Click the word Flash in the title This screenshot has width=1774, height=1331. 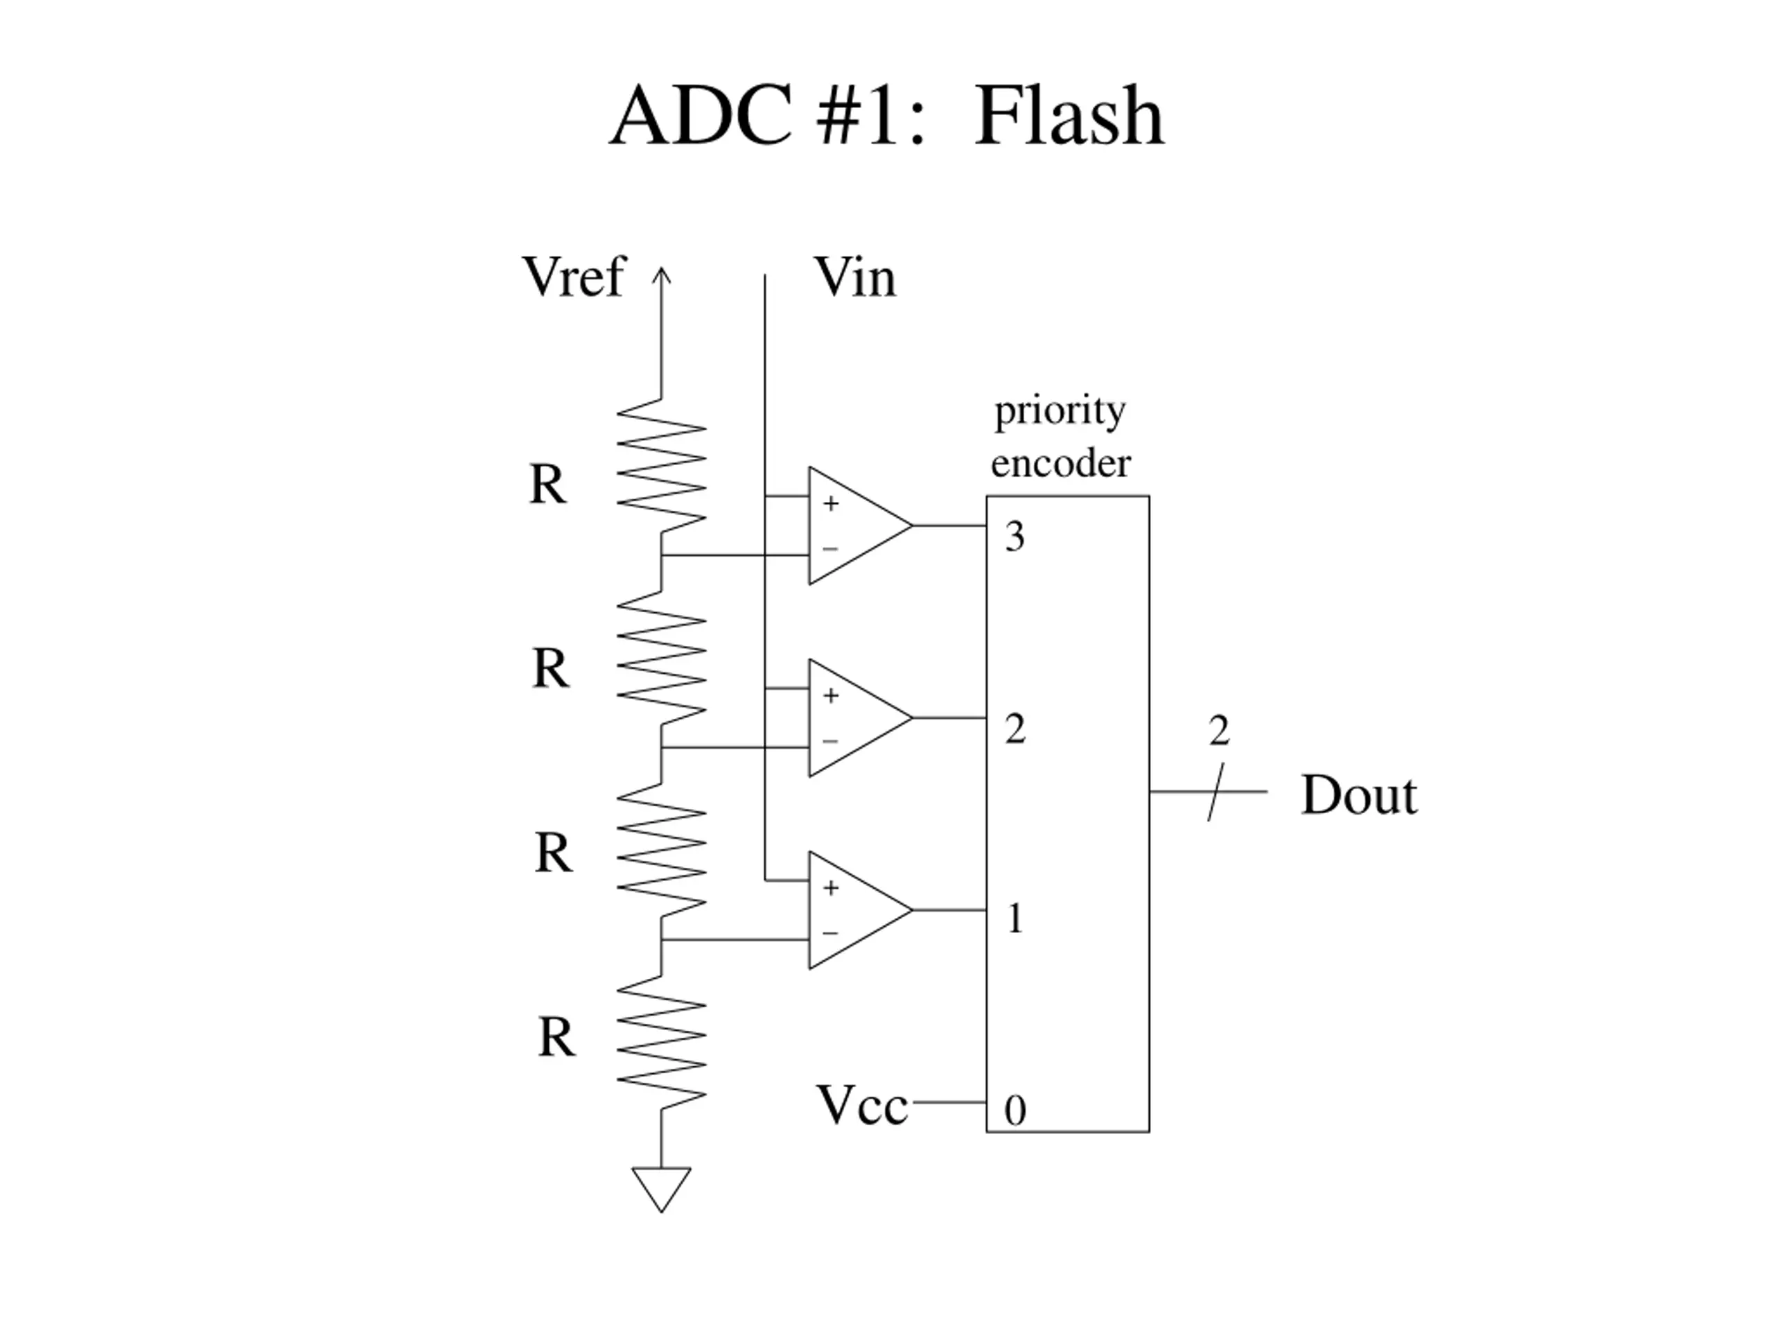[1069, 116]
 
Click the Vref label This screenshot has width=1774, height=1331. [572, 276]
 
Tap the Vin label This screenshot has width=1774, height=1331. [855, 277]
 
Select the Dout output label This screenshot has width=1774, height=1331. [1359, 795]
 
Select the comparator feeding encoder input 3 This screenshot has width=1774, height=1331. [861, 525]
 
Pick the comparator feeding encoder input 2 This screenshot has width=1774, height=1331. [861, 718]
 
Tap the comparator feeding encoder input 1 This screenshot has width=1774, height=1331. [861, 910]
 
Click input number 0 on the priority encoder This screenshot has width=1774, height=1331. [1015, 1111]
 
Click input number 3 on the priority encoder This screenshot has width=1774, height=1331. [1015, 536]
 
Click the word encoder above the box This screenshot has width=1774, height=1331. [1060, 463]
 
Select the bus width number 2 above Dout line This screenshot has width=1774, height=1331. [1219, 730]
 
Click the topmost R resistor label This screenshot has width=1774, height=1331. [547, 484]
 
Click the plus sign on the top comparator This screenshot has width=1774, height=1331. [831, 503]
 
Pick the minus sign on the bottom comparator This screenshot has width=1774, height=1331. [830, 933]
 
